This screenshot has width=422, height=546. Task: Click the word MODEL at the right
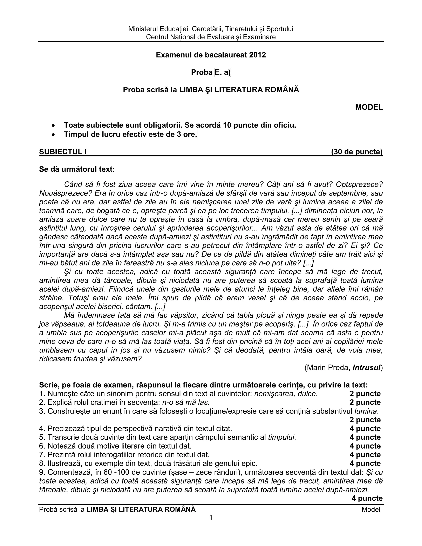369,107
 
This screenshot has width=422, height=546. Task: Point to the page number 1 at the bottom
211,517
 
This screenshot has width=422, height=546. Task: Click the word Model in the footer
371,509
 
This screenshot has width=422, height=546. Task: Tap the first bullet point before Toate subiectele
53,125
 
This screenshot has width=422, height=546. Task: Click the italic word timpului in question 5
282,437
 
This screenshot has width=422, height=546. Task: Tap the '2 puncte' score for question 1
365,394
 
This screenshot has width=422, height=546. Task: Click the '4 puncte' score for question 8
365,463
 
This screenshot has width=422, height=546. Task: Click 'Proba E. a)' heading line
211,72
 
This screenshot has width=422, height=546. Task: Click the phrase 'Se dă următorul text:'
77,169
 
